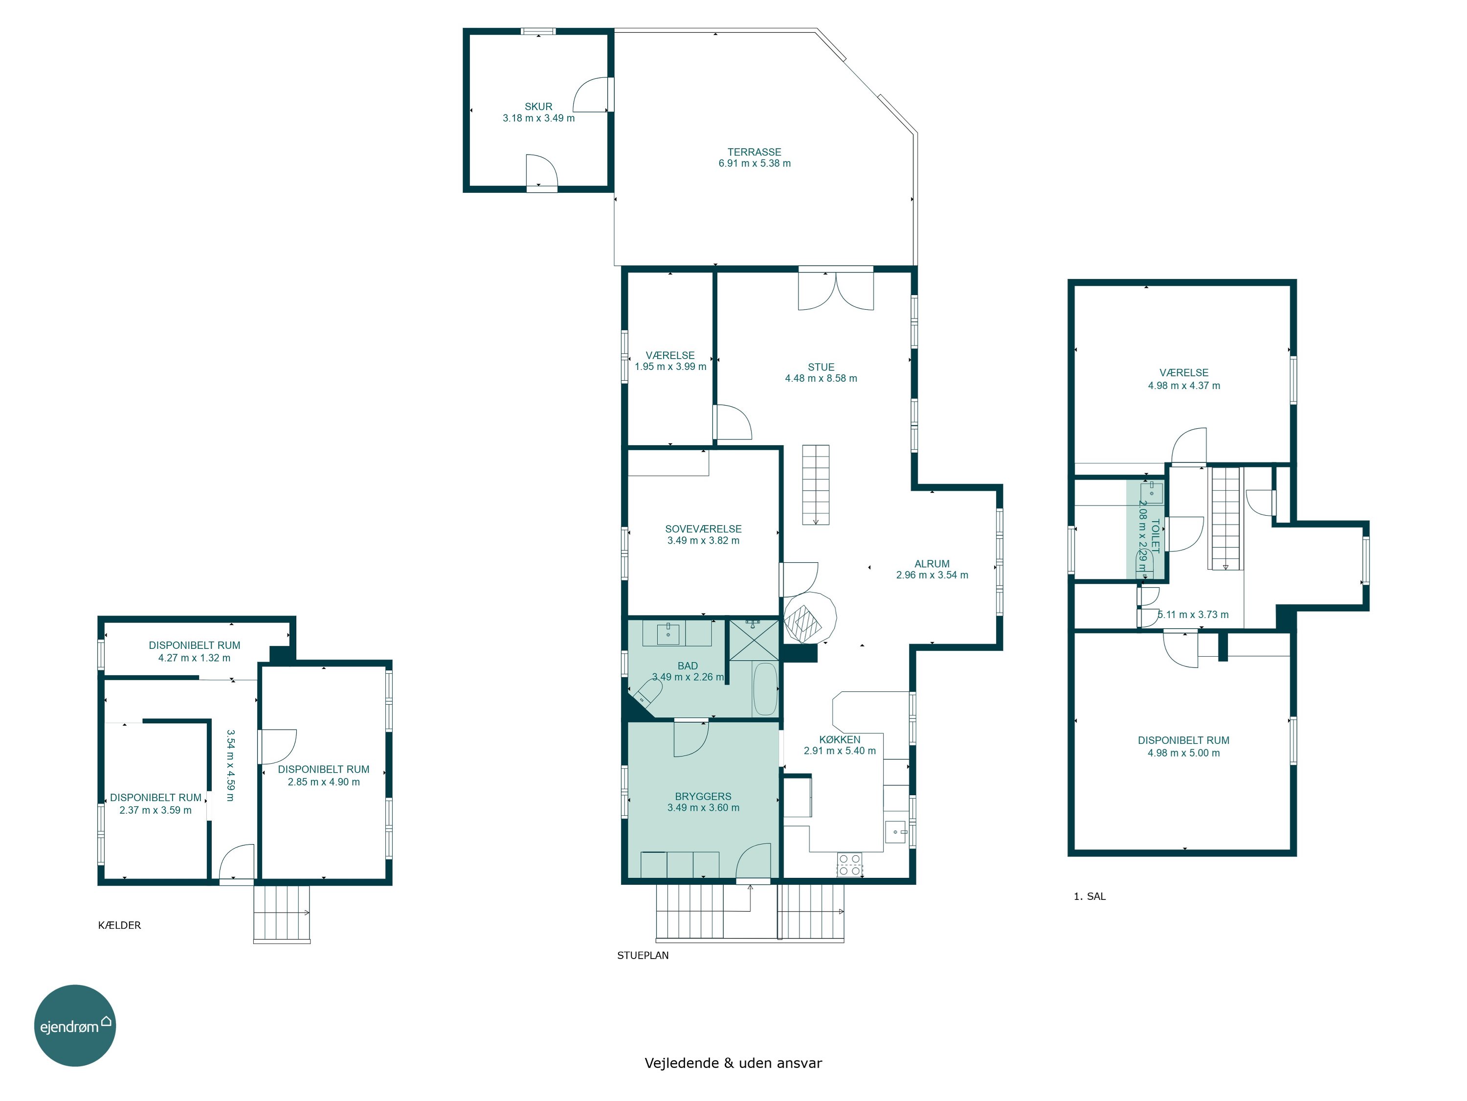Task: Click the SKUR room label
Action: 538,106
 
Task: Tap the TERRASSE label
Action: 754,152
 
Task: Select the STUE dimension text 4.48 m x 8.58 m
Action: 821,378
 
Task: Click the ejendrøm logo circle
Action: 75,1025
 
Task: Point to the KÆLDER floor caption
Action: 119,925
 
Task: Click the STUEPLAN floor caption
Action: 643,956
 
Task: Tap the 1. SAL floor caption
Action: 1089,896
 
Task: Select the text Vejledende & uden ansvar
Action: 733,1063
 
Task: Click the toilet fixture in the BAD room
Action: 646,693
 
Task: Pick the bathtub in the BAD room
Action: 765,689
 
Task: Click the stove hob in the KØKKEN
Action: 849,865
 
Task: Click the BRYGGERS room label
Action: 703,796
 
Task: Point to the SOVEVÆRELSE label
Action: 703,529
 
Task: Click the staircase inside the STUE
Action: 816,485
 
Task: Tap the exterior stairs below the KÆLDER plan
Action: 282,914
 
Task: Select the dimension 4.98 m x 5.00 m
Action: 1184,753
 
